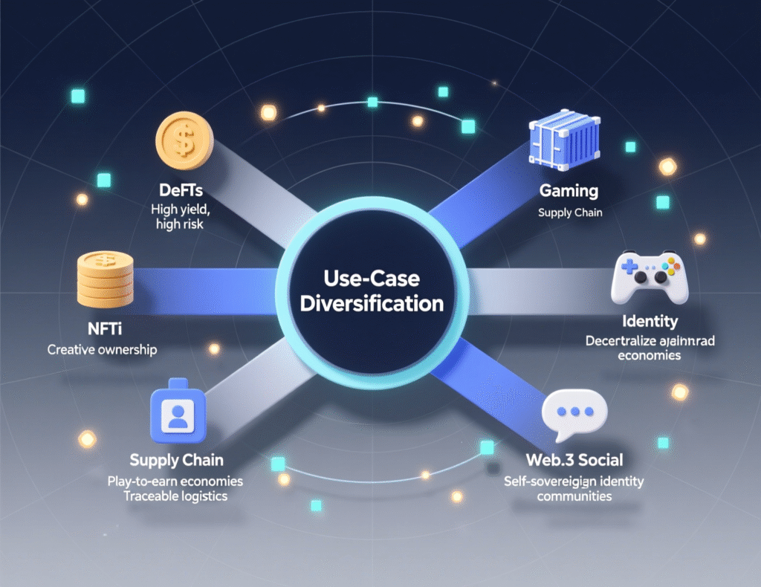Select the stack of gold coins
(x=105, y=279)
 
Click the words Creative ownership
(x=102, y=349)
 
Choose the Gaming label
(x=569, y=191)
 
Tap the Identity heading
(x=649, y=322)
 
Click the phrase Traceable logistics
(x=176, y=496)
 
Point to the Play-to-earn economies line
(x=176, y=481)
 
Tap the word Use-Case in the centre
(x=372, y=279)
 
